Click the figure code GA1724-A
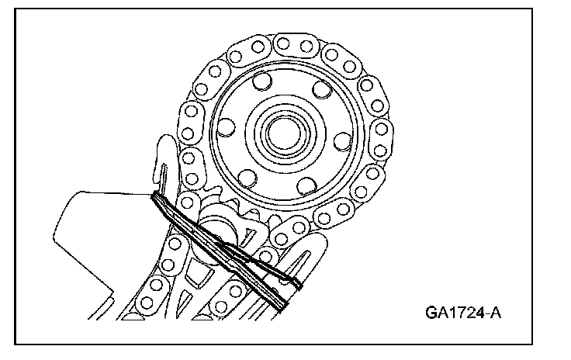point(464,313)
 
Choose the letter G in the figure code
point(431,313)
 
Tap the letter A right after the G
point(444,313)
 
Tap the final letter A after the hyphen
point(498,313)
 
